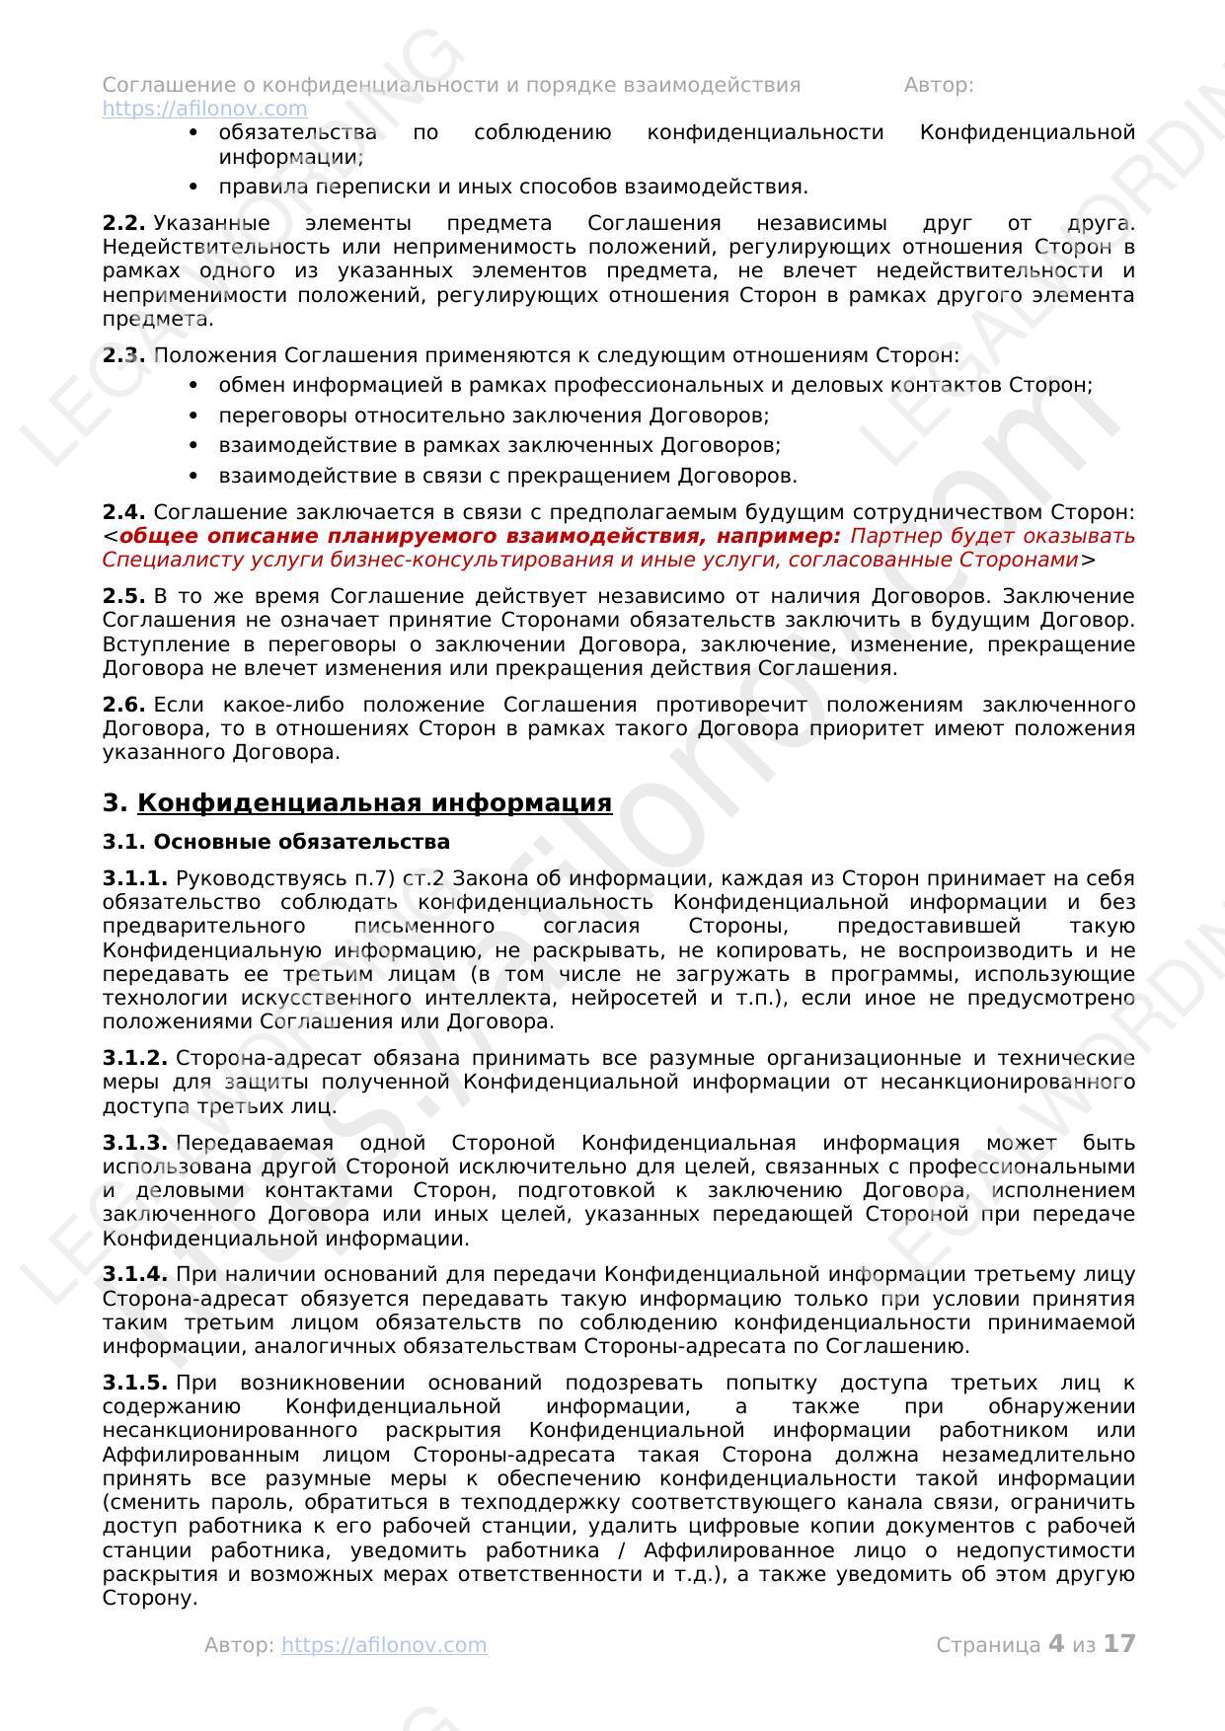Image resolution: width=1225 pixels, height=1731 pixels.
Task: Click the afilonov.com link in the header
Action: tap(204, 109)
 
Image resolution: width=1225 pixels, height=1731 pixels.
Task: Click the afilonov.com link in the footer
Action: tap(384, 1645)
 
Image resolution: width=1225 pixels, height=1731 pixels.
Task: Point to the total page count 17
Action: tap(1119, 1644)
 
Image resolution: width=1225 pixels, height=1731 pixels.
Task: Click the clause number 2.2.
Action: tap(123, 223)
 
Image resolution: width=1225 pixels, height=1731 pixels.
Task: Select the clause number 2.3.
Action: tap(123, 355)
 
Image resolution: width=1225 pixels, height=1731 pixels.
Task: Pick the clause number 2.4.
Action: tap(123, 512)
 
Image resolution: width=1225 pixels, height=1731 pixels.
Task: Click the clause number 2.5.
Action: tap(123, 596)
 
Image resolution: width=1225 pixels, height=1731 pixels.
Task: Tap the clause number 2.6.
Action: tap(123, 705)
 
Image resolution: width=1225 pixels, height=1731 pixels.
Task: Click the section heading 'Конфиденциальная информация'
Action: tap(374, 803)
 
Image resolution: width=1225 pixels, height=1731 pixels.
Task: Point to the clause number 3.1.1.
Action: tap(134, 878)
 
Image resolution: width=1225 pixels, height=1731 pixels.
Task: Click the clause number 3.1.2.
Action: tap(134, 1058)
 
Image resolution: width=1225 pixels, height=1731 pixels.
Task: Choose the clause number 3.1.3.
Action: tap(134, 1143)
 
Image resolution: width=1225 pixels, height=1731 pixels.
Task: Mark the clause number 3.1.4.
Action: tap(134, 1275)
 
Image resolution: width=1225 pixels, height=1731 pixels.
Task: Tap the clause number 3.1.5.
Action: tap(134, 1383)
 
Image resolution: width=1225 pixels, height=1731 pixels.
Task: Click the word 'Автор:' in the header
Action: tap(938, 85)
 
